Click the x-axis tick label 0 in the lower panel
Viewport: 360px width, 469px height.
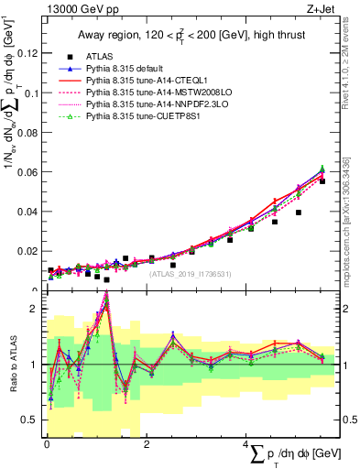tap(47, 444)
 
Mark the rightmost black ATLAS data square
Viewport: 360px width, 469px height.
tap(322, 181)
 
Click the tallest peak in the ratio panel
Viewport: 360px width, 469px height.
tap(106, 295)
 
